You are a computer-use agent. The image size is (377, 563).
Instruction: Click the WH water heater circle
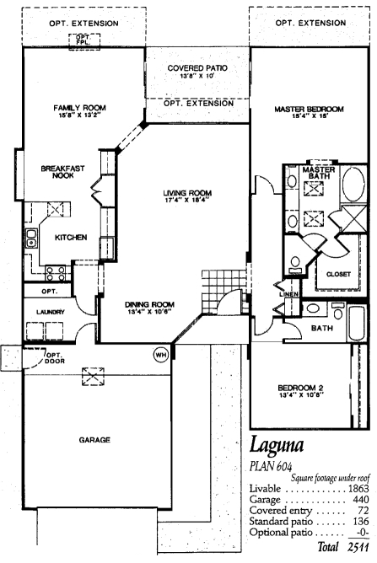click(160, 355)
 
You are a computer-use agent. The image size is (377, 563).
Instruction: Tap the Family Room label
click(80, 108)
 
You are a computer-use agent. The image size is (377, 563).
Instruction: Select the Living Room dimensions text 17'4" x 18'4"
click(187, 201)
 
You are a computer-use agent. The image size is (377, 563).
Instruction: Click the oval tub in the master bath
click(353, 184)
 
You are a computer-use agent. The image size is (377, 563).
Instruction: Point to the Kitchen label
click(71, 238)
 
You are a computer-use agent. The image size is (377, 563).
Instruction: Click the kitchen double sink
click(31, 238)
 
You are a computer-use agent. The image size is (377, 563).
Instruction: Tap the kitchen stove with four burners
click(56, 273)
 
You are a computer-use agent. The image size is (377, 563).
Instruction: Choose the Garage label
click(94, 440)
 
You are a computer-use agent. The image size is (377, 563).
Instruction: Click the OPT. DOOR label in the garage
click(55, 358)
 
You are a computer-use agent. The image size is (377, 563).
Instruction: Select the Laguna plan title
click(277, 445)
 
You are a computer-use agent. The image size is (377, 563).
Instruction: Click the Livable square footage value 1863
click(358, 489)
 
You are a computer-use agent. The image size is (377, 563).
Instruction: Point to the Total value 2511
click(358, 547)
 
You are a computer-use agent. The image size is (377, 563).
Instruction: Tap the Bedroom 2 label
click(300, 389)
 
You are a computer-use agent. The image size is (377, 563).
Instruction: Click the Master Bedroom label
click(309, 110)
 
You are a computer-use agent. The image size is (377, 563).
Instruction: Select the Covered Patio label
click(197, 68)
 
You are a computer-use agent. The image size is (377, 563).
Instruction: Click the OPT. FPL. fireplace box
click(84, 41)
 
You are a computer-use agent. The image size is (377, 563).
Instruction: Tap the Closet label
click(338, 274)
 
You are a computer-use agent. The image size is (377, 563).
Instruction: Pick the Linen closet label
click(289, 294)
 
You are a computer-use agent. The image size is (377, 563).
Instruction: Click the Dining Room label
click(149, 305)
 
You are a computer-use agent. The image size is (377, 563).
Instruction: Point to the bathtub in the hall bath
click(357, 323)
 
